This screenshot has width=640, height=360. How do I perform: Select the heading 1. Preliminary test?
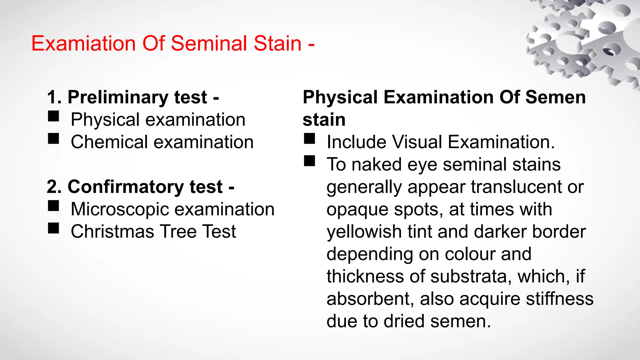[133, 97]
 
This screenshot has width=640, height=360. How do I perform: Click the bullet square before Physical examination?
[53, 116]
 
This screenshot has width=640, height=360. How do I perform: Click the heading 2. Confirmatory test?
[140, 187]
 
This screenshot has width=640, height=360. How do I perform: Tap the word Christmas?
[112, 232]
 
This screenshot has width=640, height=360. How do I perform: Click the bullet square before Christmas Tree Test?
[53, 228]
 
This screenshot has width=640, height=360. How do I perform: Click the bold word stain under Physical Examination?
[324, 120]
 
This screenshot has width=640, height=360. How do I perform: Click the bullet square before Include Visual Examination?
[309, 139]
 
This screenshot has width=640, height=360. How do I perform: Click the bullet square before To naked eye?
[309, 161]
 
